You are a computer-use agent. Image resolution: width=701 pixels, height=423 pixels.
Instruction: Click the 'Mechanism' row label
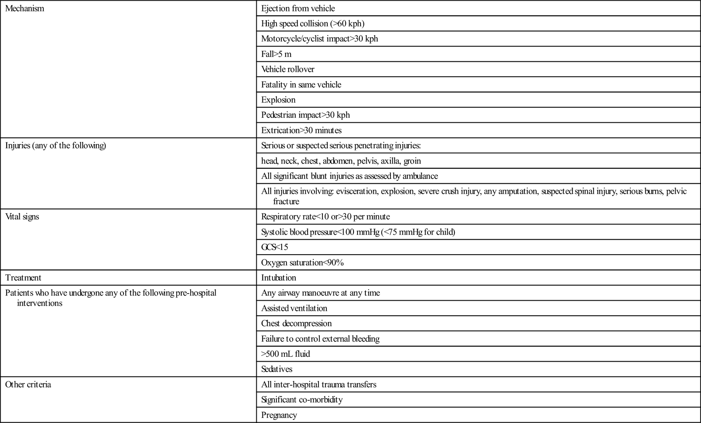pos(25,8)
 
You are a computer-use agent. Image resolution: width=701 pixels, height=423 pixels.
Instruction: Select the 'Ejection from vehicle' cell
pos(298,8)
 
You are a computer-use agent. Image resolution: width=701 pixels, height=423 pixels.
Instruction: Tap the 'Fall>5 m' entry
pos(276,54)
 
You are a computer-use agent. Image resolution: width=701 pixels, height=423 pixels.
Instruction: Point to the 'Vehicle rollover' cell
pos(288,69)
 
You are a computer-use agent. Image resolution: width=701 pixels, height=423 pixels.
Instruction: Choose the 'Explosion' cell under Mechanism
pos(278,100)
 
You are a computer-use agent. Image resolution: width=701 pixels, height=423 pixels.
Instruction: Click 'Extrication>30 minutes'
pos(301,130)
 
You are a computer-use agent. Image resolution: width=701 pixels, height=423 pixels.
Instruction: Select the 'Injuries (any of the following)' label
pos(56,146)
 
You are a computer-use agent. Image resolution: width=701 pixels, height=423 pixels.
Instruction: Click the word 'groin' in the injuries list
pos(412,161)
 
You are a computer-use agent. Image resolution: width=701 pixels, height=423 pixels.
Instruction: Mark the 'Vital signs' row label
pos(22,217)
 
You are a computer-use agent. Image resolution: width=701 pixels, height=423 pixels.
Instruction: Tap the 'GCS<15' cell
pos(275,247)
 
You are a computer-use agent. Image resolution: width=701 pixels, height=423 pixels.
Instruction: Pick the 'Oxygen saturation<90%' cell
pos(302,263)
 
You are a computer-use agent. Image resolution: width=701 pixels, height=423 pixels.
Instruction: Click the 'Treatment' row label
pos(23,278)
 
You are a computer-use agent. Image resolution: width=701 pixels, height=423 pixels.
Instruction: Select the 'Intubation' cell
pos(279,278)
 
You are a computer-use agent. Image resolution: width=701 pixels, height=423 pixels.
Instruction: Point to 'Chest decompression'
pos(297,323)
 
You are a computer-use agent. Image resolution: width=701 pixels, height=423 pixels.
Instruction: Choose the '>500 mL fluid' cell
pos(286,354)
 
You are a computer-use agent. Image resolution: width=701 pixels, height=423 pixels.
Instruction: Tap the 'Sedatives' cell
pos(277,369)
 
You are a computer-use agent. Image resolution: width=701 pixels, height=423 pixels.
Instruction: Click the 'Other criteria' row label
pos(28,384)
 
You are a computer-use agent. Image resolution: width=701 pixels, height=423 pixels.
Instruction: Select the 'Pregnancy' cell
pos(279,415)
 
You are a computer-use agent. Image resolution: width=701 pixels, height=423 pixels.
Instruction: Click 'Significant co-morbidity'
pos(302,400)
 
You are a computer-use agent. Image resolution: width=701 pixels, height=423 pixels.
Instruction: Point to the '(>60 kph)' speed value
pos(347,24)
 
